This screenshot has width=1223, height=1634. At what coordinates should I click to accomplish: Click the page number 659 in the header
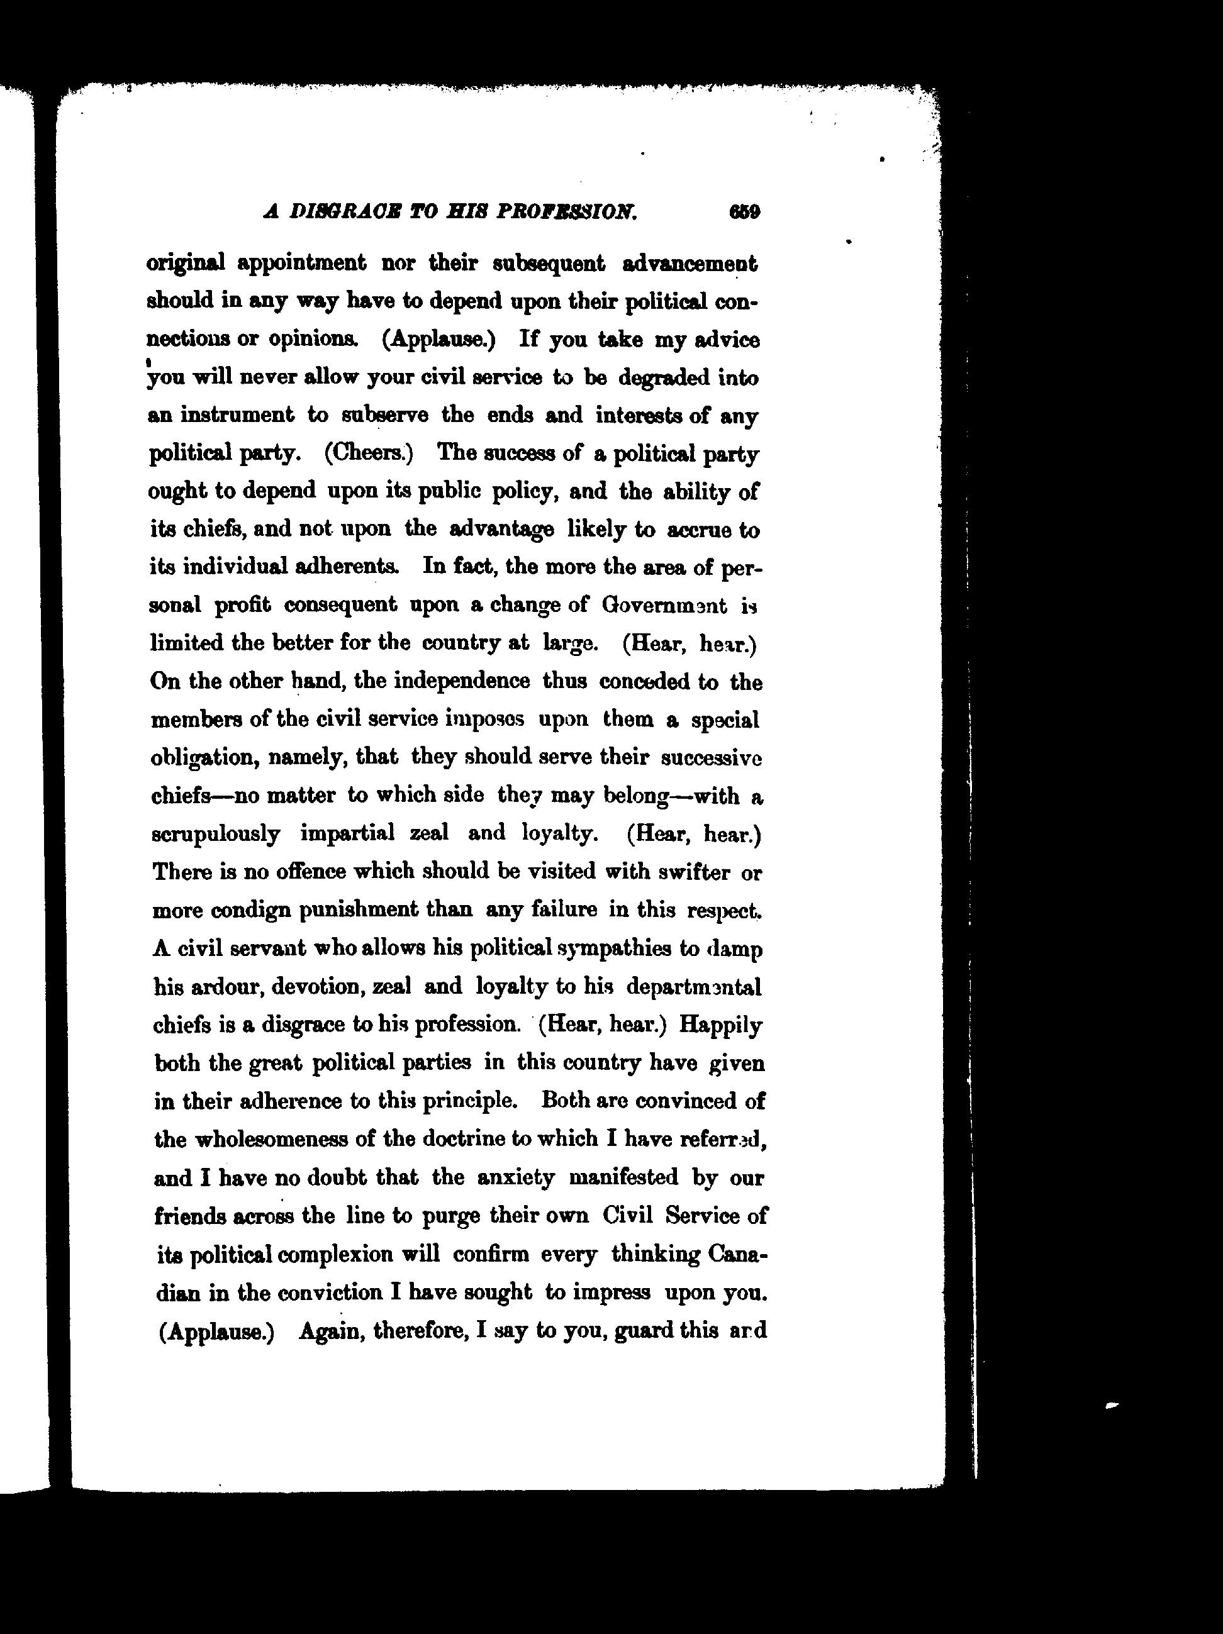tap(744, 212)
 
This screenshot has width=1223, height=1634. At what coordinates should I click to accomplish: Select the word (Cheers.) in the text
tap(369, 452)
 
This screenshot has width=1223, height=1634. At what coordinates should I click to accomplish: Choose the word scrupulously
tap(216, 834)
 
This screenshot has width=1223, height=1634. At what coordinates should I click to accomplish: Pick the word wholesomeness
tap(271, 1139)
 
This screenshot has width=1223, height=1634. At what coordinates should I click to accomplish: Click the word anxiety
tap(516, 1177)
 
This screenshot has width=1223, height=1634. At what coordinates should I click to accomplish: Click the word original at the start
tap(186, 263)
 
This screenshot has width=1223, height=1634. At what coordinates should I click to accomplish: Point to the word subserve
tap(385, 414)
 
